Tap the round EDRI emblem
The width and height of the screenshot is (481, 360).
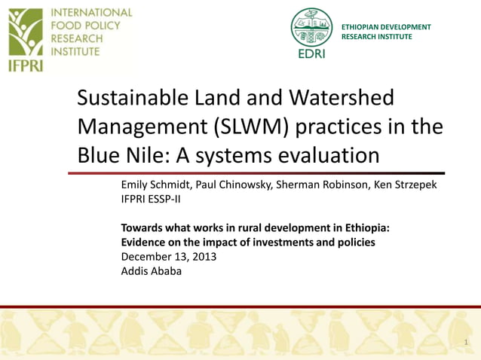tap(311, 29)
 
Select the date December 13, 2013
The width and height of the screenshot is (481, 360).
tap(169, 257)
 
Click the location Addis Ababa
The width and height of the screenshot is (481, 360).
tap(151, 271)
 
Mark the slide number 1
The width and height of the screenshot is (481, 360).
tap(467, 343)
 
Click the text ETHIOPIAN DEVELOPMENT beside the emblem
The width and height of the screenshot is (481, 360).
tap(386, 27)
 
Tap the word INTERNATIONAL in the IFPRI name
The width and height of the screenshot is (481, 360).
tap(91, 13)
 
